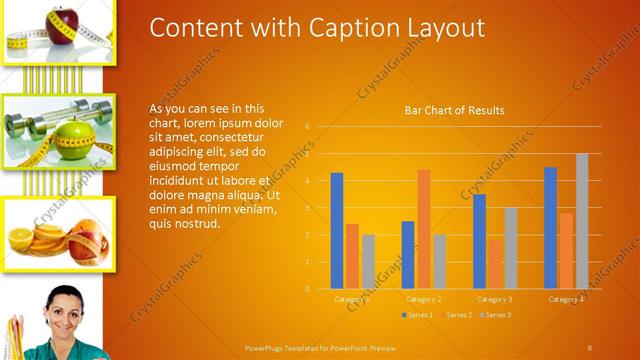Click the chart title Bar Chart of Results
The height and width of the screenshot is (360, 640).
click(454, 110)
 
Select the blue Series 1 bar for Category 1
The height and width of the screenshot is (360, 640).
click(337, 231)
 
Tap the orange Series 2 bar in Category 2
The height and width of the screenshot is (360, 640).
click(424, 229)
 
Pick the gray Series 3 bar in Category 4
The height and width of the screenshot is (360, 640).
click(582, 221)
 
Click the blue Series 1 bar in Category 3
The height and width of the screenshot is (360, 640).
click(480, 241)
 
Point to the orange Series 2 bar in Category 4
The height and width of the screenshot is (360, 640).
click(566, 251)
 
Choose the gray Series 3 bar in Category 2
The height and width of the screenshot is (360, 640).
click(440, 262)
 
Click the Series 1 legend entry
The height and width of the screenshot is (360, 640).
click(418, 315)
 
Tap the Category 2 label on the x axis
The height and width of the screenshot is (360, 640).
click(424, 299)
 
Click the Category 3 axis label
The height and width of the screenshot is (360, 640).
click(495, 299)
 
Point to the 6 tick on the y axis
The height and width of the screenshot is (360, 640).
click(308, 126)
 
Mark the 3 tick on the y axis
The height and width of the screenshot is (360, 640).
click(308, 208)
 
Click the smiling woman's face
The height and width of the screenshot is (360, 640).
click(63, 307)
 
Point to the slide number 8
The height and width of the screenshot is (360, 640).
click(590, 347)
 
